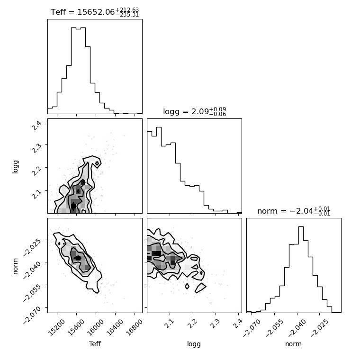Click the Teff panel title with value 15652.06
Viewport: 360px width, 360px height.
tap(95, 12)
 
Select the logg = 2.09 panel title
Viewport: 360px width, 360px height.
tap(195, 112)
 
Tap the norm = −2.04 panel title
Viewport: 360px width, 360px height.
tap(294, 211)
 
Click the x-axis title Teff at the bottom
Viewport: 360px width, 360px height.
tap(95, 344)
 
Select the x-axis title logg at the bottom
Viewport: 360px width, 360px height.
tap(194, 344)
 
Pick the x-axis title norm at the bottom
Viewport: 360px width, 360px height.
tap(293, 344)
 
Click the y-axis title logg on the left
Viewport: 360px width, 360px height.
tap(15, 167)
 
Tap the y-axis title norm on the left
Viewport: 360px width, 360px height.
tap(15, 266)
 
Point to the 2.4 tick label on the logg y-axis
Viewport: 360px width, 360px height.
tap(37, 126)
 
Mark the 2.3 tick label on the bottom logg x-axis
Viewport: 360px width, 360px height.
tap(216, 324)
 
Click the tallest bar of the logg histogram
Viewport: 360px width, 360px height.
tap(159, 170)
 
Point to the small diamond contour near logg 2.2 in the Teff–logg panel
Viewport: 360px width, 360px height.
tap(97, 163)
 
